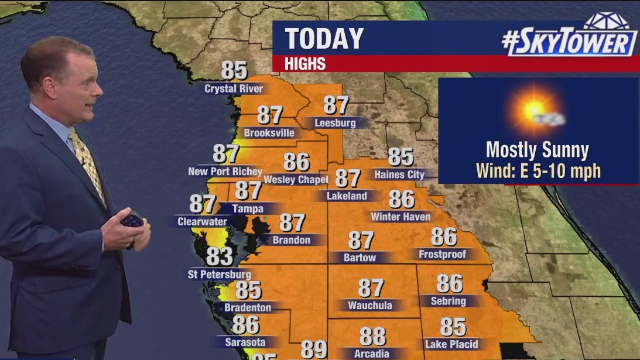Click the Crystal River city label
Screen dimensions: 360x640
pyautogui.click(x=234, y=89)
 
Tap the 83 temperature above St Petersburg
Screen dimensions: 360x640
pyautogui.click(x=219, y=256)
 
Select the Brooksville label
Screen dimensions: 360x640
pyautogui.click(x=269, y=133)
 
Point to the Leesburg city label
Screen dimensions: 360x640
pyautogui.click(x=335, y=123)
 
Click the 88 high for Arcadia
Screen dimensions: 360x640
pyautogui.click(x=372, y=337)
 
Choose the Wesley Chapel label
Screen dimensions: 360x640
pyautogui.click(x=296, y=179)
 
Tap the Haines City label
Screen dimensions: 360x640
pyautogui.click(x=399, y=174)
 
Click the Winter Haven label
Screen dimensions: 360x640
pyautogui.click(x=401, y=217)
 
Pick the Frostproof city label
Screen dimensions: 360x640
pyautogui.click(x=442, y=254)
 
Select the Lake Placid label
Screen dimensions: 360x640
pyautogui.click(x=451, y=344)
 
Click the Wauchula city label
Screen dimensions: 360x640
pyautogui.click(x=370, y=306)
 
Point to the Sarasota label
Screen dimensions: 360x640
pyautogui.click(x=245, y=342)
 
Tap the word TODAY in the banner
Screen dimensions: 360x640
pyautogui.click(x=324, y=39)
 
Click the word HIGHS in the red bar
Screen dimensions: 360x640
pyautogui.click(x=305, y=64)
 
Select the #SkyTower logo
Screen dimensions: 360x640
pyautogui.click(x=569, y=38)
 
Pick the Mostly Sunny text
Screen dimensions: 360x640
pyautogui.click(x=537, y=150)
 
